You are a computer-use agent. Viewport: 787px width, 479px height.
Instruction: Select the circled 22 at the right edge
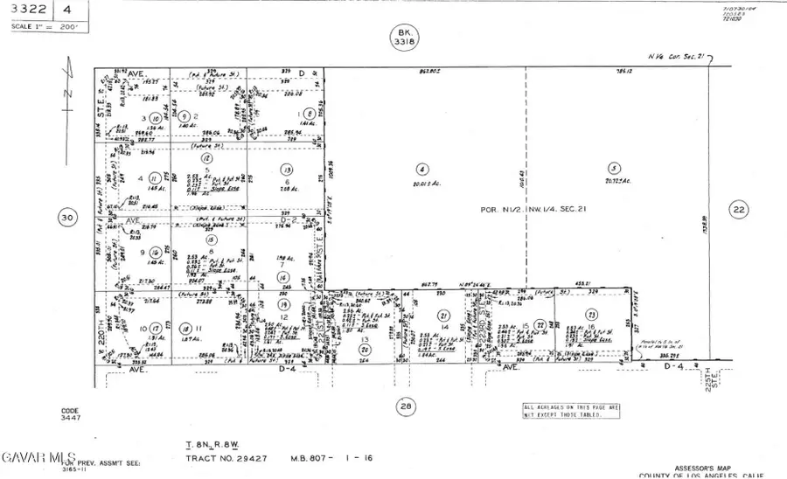[x=739, y=209]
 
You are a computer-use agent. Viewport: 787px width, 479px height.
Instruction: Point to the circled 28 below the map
[x=406, y=406]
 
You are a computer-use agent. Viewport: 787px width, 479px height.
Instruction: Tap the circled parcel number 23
[x=592, y=315]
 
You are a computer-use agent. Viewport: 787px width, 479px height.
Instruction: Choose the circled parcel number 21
[x=443, y=316]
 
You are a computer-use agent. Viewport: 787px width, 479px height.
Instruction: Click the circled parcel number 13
[x=285, y=169]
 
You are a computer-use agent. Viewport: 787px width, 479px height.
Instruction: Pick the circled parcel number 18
[x=210, y=239]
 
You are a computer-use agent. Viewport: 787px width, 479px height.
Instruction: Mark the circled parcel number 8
[x=309, y=114]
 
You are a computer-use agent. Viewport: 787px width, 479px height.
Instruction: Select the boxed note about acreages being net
[x=572, y=409]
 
